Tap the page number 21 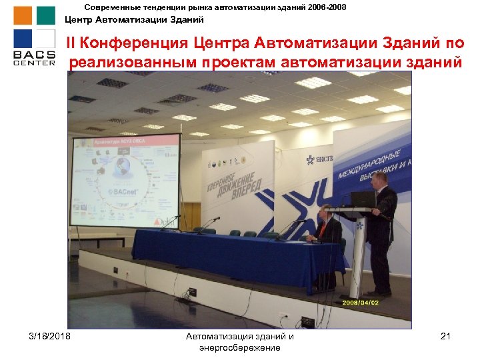(x=446, y=336)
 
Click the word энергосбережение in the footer (x=239, y=347)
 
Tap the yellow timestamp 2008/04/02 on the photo (x=361, y=302)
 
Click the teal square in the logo (x=45, y=15)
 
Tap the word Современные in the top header (x=114, y=7)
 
